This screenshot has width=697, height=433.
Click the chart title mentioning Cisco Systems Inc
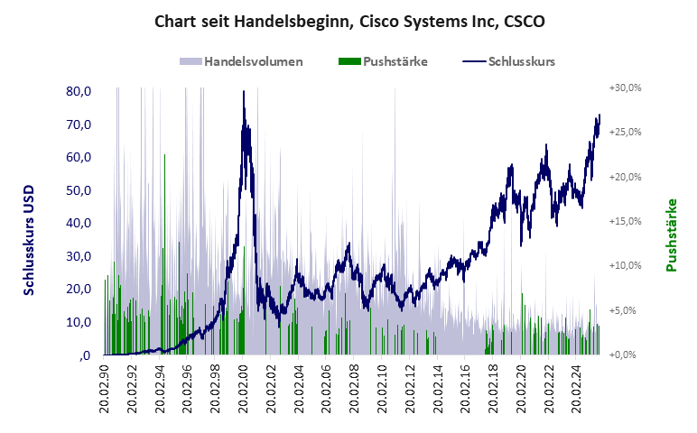click(x=349, y=20)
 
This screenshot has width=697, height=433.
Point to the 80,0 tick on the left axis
click(x=79, y=91)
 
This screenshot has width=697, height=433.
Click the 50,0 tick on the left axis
click(x=79, y=190)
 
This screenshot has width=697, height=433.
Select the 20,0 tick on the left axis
click(x=79, y=289)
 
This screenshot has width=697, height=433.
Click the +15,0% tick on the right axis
click(x=624, y=221)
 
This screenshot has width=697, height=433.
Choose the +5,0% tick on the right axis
click(x=626, y=310)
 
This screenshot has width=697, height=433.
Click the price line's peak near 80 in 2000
click(x=244, y=92)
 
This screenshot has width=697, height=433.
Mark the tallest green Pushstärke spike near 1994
click(x=164, y=156)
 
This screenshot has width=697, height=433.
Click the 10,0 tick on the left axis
click(x=79, y=322)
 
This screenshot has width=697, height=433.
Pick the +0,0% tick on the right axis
click(x=626, y=355)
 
